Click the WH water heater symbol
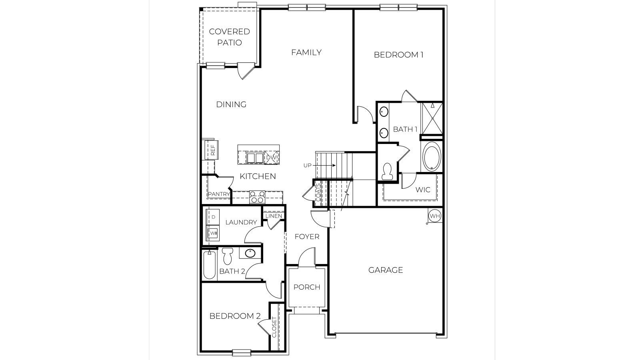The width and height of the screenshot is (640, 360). pos(434,216)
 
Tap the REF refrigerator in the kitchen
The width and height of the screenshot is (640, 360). pos(212,150)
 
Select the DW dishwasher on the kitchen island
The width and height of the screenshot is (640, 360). pos(271,158)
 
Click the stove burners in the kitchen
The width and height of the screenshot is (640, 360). pos(257,197)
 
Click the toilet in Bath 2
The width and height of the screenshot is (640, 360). pos(228,256)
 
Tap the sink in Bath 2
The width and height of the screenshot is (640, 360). pos(250,253)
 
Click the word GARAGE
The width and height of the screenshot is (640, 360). pos(386,270)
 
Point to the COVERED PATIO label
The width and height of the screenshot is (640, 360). pos(230,37)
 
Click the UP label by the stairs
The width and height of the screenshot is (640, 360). pos(307,165)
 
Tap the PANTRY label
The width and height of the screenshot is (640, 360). pos(219,194)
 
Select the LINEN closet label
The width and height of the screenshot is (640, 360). pos(274,216)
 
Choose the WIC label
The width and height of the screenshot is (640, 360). pos(423,190)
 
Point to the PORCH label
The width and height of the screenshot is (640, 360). pos(307,287)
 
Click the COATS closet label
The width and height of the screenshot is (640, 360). pos(318,193)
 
